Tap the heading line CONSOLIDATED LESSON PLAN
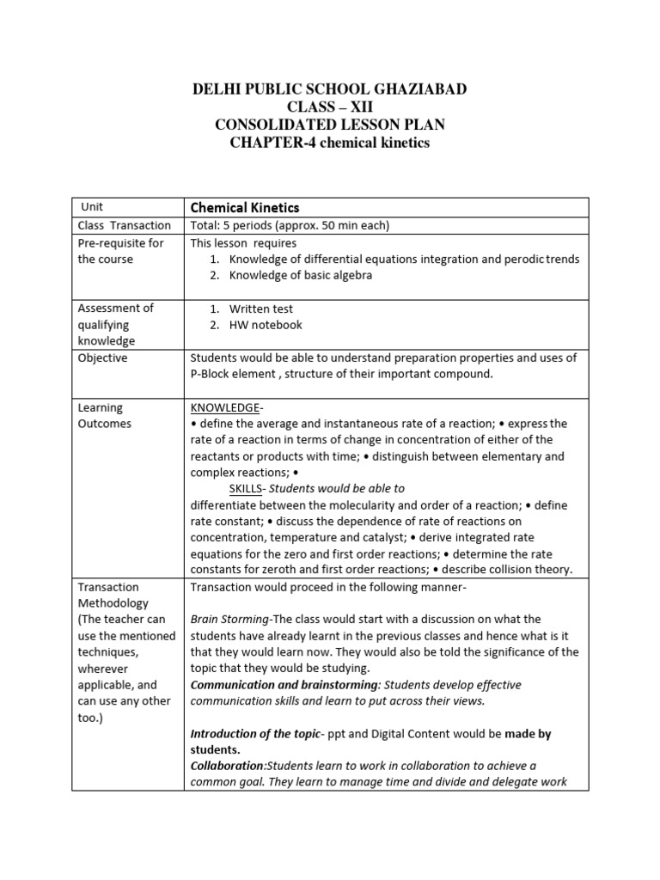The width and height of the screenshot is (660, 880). pos(329,125)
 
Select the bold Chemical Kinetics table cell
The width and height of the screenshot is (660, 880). pos(244,207)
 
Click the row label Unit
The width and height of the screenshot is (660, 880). pos(92,207)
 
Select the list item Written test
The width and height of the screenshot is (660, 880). pos(261,309)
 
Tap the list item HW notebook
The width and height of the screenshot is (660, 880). pos(266,325)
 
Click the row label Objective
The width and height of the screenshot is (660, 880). pos(102,357)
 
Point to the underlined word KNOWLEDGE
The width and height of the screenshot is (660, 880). pos(224,407)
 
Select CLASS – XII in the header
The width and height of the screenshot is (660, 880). pos(330,107)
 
